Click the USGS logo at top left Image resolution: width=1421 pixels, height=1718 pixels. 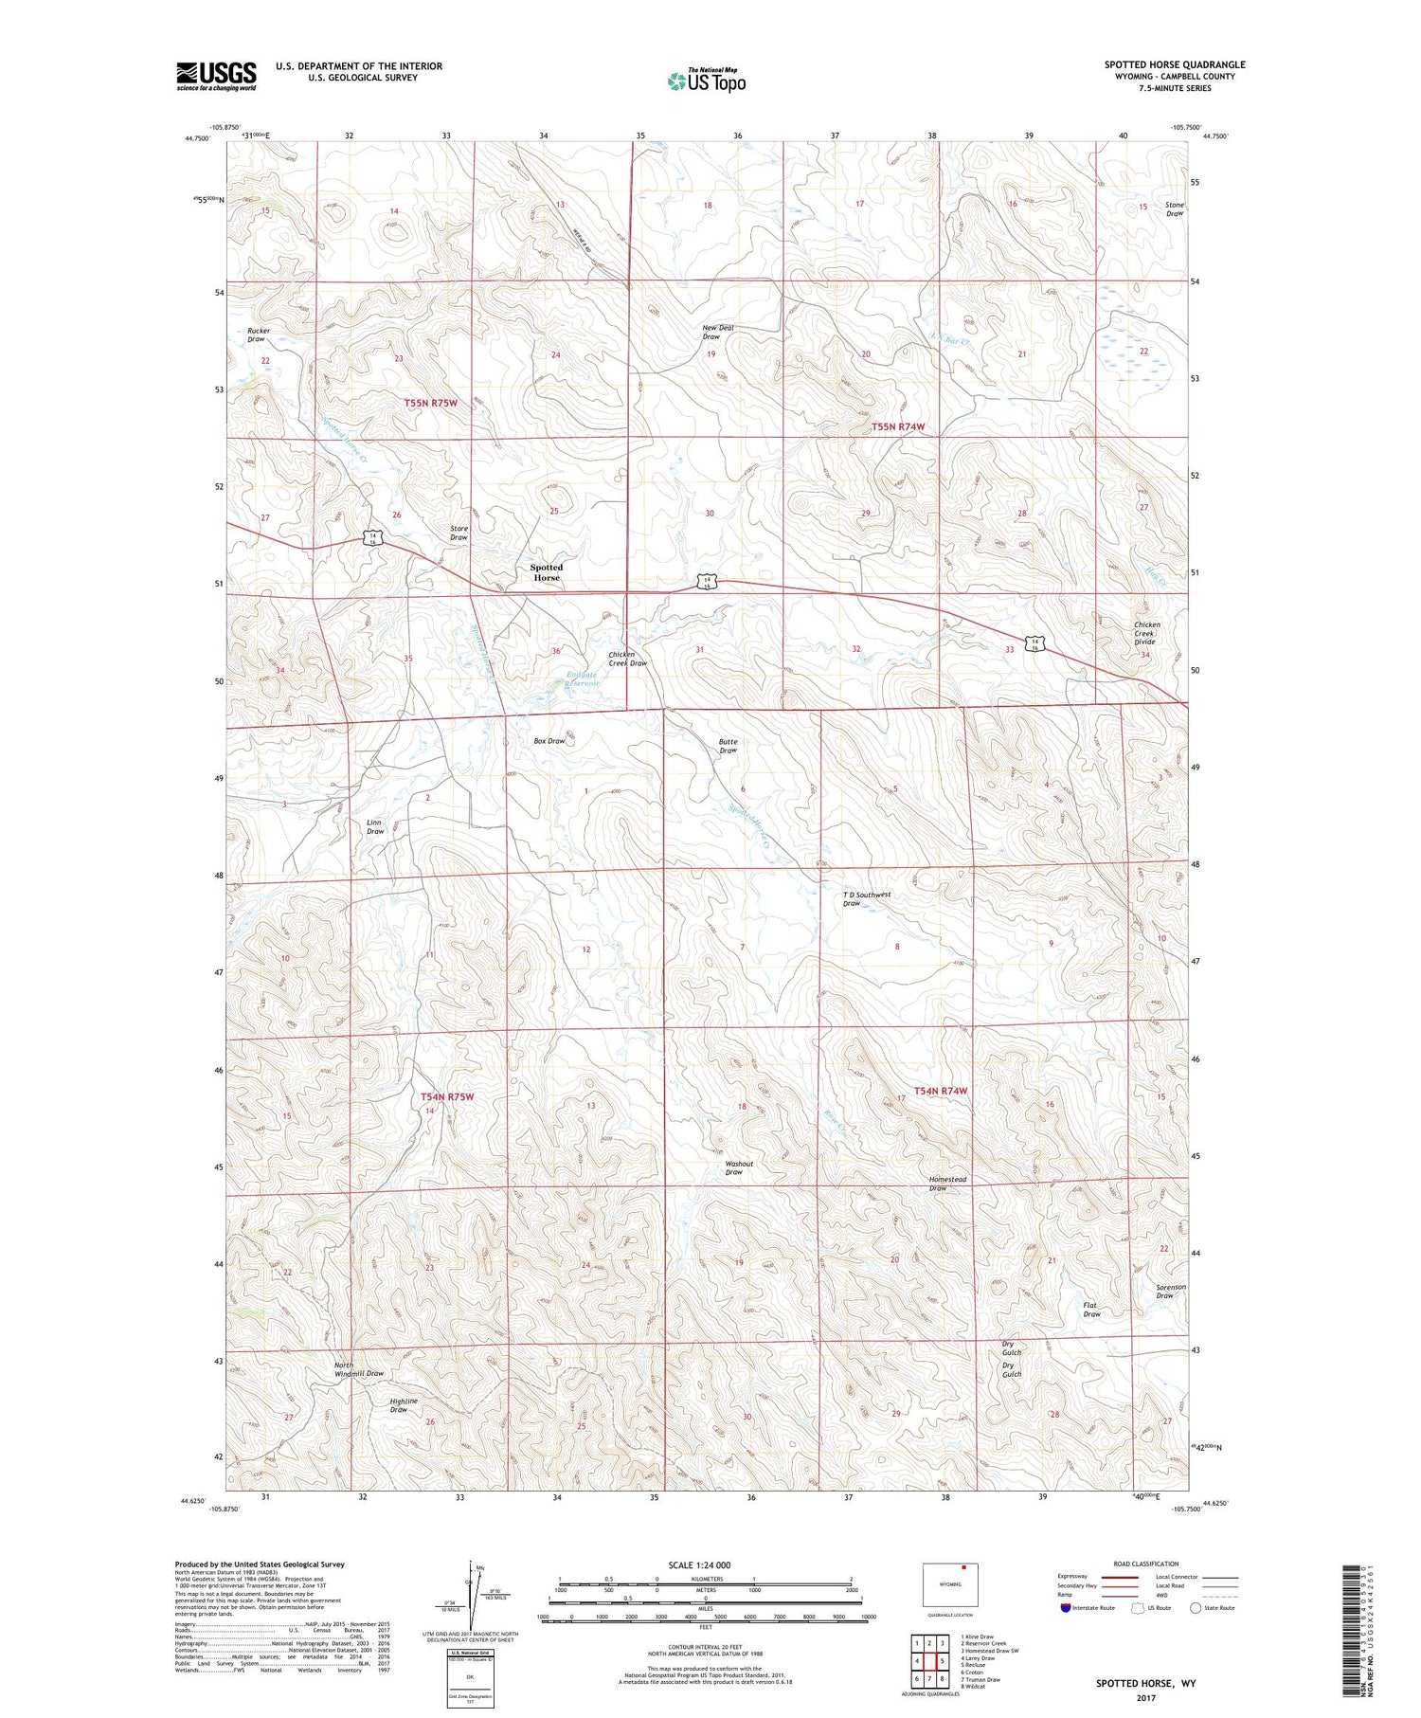click(216, 76)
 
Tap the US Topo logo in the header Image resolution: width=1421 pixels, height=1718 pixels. click(706, 81)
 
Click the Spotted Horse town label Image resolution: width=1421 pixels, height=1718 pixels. click(546, 572)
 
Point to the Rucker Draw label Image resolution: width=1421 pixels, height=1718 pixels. click(258, 335)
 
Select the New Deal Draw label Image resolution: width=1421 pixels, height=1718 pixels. click(717, 332)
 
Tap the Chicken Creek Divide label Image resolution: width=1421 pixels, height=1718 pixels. click(1146, 633)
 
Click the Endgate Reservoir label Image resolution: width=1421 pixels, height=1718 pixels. click(583, 678)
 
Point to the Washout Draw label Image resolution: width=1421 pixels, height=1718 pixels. click(738, 1167)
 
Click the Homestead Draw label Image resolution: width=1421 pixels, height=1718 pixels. click(947, 1183)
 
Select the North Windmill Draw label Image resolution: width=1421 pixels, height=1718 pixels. click(358, 1369)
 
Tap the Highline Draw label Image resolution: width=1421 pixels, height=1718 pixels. click(404, 1405)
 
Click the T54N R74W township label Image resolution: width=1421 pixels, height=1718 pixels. click(941, 1091)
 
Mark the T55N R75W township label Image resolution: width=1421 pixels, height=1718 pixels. click(431, 403)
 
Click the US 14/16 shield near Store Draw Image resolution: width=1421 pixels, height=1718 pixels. click(375, 537)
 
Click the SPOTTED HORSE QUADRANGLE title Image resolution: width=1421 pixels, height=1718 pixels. click(1174, 64)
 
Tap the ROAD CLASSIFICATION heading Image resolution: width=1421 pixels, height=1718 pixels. click(1146, 1564)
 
